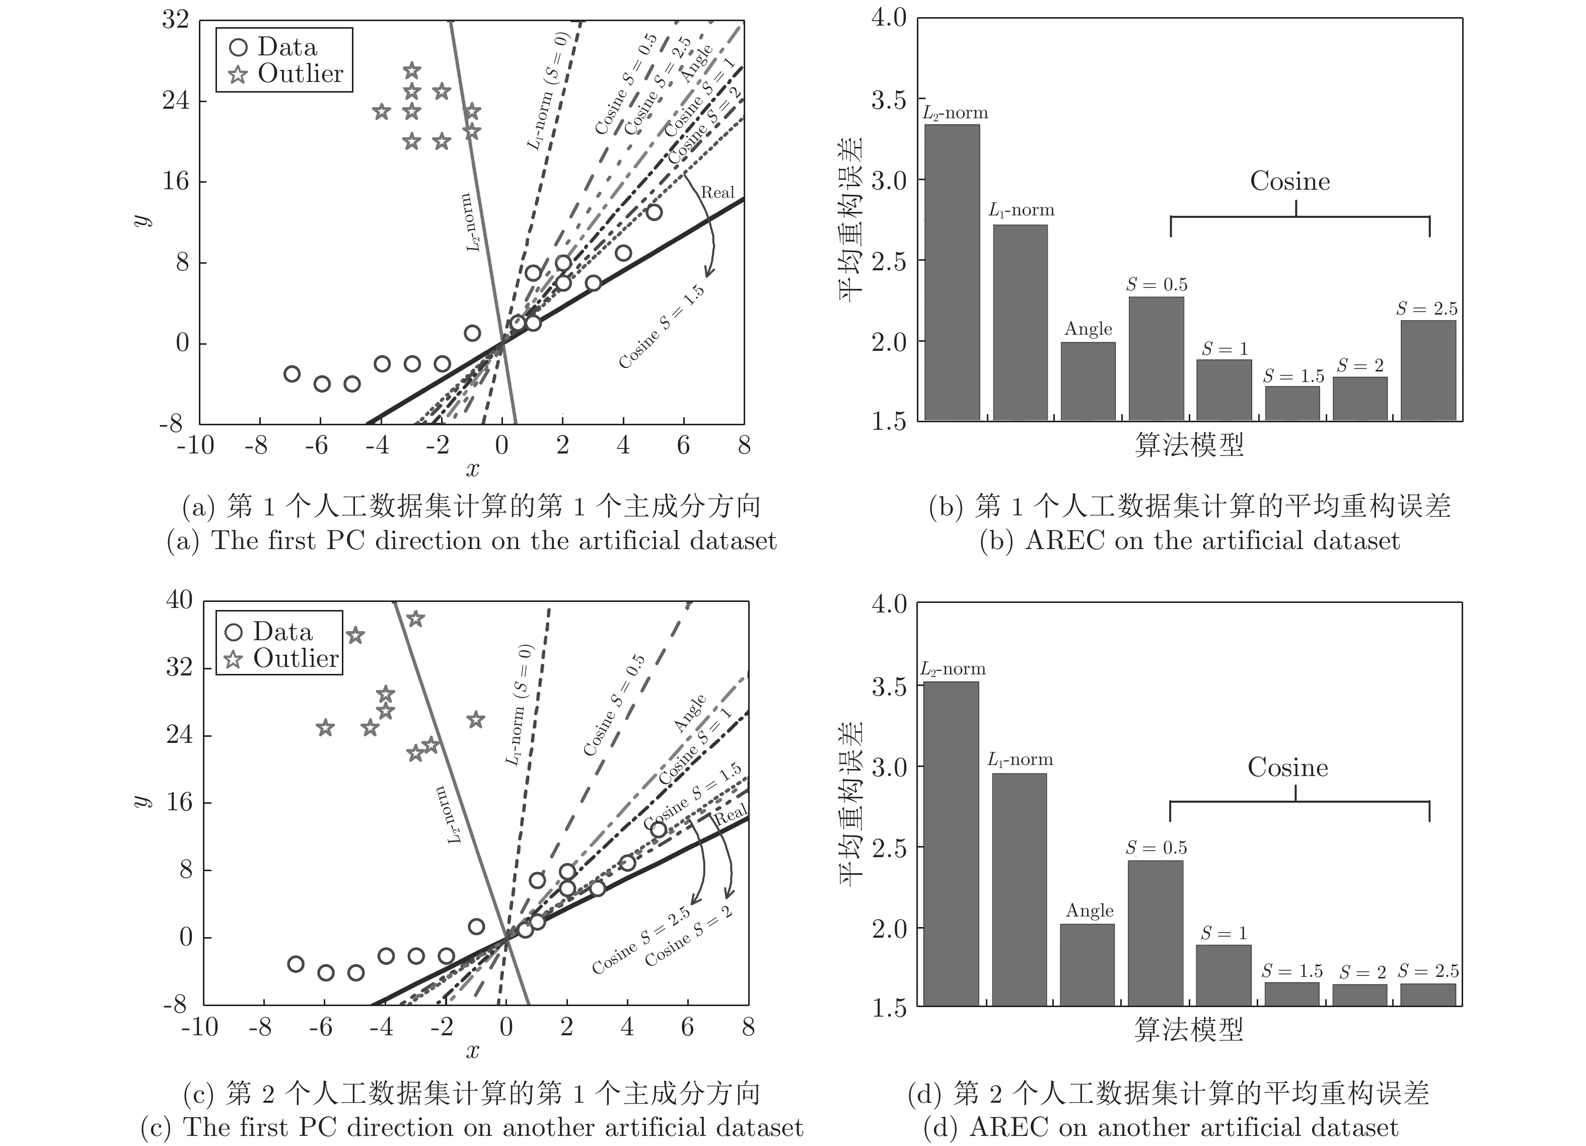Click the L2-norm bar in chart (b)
click(x=952, y=273)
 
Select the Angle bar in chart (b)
click(x=1088, y=381)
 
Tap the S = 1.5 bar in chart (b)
click(x=1292, y=404)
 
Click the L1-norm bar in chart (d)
click(x=1019, y=889)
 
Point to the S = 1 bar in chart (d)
click(x=1223, y=975)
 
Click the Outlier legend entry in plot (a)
click(x=286, y=74)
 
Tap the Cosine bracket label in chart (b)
click(x=1290, y=181)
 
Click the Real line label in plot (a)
click(x=717, y=193)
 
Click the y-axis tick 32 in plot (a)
click(x=176, y=20)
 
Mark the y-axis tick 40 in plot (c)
click(x=179, y=600)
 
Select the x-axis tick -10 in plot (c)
click(x=199, y=1027)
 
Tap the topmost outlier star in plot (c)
click(x=416, y=619)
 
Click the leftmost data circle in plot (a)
click(x=292, y=374)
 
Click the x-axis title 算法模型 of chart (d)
click(x=1189, y=1029)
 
